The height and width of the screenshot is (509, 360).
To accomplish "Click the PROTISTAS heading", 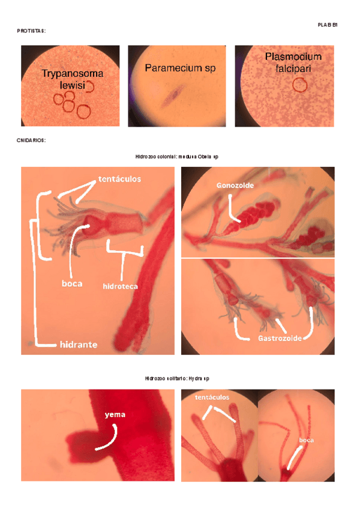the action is pos(31,31).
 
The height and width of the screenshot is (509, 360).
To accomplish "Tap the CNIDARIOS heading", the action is pos(31,140).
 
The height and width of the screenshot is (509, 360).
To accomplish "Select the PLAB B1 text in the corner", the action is pos(328,25).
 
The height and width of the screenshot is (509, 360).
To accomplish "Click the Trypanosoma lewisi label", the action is pos(73,79).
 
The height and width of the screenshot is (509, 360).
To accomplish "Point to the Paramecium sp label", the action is pos(180,68).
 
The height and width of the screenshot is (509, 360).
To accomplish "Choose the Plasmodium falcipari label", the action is pos(293,62).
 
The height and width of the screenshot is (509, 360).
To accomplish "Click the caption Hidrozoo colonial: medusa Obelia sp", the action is pos(176,157).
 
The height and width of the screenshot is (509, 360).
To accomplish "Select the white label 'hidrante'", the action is pos(79,345).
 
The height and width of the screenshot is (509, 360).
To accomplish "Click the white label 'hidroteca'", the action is pos(120,286).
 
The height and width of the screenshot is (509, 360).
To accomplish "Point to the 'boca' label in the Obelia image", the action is pos(72,283).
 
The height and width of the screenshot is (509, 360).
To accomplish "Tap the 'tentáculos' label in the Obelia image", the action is pos(119,179).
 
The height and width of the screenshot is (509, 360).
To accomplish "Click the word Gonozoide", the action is pos(235,185).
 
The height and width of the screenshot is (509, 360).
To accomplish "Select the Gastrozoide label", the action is pos(280,339).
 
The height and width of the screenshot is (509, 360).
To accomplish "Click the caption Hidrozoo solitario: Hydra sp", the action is pos(177,379).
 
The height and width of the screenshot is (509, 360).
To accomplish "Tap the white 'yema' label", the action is pos(115,415).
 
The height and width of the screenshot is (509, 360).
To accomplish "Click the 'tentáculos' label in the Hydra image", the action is pos(212,397).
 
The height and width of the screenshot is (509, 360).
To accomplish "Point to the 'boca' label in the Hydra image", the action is pos(306,440).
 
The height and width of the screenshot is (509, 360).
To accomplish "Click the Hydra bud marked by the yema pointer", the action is pos(81,443).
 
